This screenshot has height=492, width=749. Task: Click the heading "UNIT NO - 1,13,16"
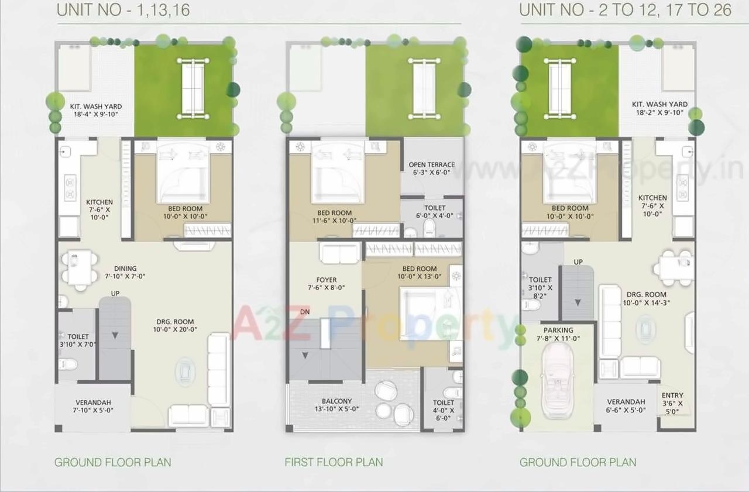pos(123,11)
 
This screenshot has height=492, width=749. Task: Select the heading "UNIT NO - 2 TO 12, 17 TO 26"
pos(626,11)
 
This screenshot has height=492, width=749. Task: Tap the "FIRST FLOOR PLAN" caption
pos(334,462)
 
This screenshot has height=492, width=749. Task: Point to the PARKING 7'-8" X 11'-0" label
pos(558,334)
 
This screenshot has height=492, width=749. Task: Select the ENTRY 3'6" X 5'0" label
pos(672,403)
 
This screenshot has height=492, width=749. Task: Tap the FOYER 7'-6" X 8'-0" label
pos(327,284)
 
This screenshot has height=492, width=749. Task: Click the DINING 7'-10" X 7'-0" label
pos(125,272)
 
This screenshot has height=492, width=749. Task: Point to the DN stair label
pos(305,312)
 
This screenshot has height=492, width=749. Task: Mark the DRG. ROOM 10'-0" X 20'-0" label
pos(175,325)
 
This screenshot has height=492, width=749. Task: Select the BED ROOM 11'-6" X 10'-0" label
pos(334,216)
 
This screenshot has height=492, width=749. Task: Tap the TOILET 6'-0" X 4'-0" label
pos(434,212)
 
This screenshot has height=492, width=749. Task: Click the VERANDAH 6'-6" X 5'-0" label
pos(626,406)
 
